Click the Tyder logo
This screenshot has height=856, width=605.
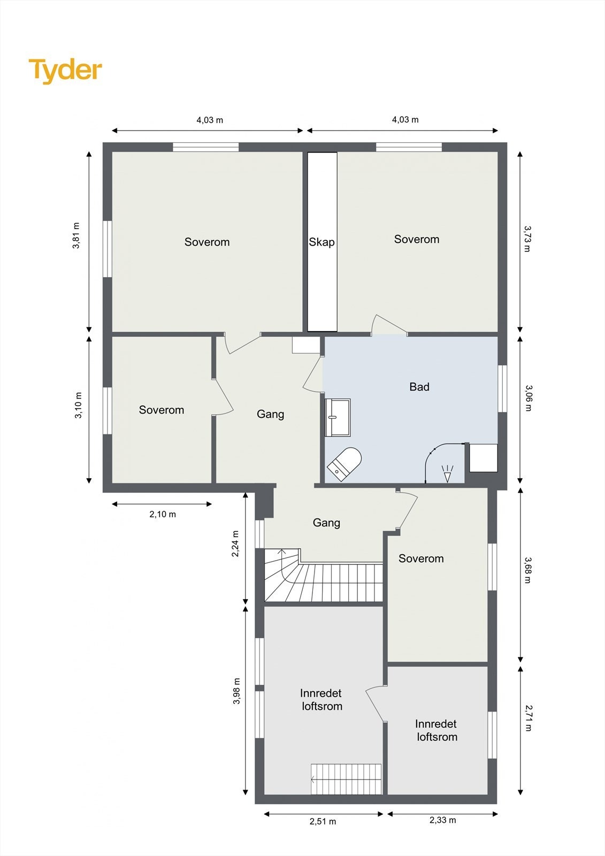[65, 71]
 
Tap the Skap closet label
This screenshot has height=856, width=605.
[321, 242]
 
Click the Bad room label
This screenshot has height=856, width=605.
[419, 387]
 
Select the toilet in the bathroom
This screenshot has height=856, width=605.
[344, 462]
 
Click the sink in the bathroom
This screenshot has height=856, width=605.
[338, 417]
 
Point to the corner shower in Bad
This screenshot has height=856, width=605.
[444, 463]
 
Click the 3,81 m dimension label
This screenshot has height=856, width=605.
[76, 235]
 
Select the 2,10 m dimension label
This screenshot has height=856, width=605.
[163, 514]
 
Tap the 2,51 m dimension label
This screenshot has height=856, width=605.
[323, 821]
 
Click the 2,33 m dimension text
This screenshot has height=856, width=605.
[442, 820]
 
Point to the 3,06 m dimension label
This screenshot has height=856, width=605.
[529, 398]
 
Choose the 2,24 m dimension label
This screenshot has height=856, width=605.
[235, 544]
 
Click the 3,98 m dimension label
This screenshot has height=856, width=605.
[236, 691]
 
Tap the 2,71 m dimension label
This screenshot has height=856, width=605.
[529, 717]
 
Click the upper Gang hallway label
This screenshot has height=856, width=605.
[270, 414]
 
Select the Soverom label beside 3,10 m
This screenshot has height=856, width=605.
[162, 410]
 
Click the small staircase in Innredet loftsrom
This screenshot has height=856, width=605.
[347, 779]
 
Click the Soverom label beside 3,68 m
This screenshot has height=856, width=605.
[421, 559]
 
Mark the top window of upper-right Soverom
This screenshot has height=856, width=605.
[409, 147]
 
